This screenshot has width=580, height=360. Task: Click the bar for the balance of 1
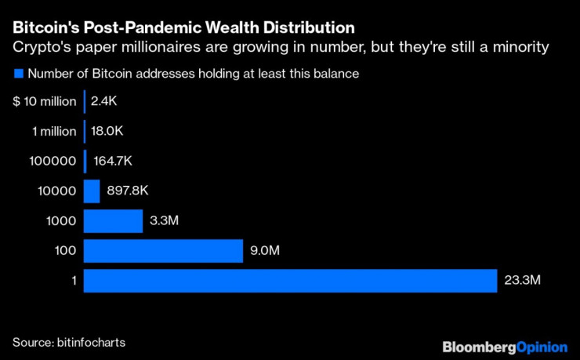[x=290, y=281]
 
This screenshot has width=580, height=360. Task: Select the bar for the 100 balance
[x=163, y=251]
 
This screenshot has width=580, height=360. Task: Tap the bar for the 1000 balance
[x=113, y=221]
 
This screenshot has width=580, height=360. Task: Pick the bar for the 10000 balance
[x=92, y=191]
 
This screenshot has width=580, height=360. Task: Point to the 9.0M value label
[x=266, y=251]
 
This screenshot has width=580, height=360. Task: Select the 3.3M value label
[x=165, y=221]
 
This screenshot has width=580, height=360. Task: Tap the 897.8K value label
[x=128, y=191]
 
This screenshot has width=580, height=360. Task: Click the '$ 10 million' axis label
[x=45, y=101]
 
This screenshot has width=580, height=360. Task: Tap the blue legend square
[x=17, y=75]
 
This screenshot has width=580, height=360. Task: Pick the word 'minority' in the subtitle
[x=521, y=49]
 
